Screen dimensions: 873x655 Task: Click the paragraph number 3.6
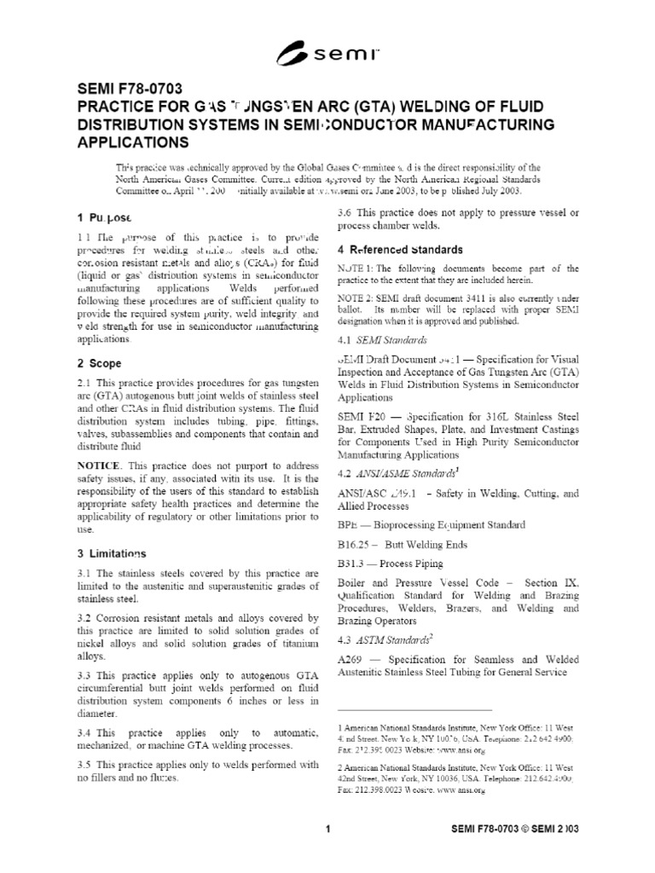point(346,212)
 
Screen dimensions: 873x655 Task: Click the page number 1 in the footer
point(327,828)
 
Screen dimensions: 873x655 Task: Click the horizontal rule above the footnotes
point(415,709)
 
